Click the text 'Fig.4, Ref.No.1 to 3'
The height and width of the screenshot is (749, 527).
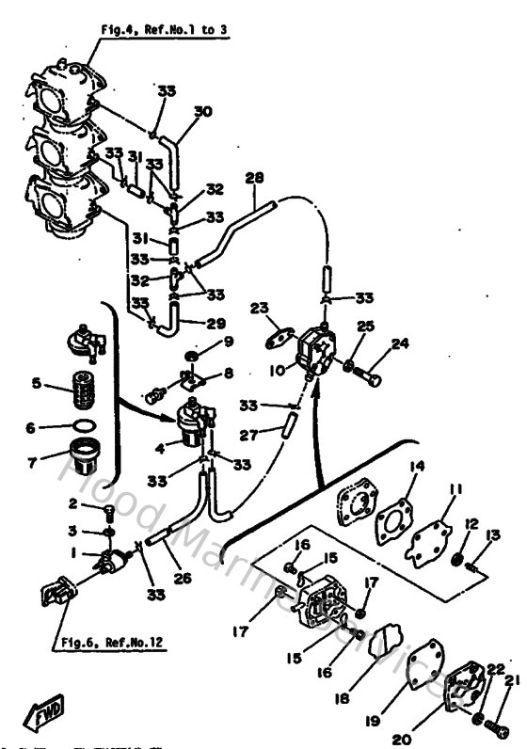pyautogui.click(x=165, y=29)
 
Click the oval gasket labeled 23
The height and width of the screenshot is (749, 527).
pyautogui.click(x=275, y=335)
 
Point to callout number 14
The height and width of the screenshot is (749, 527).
pyautogui.click(x=417, y=465)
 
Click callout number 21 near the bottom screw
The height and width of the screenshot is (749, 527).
pyautogui.click(x=511, y=681)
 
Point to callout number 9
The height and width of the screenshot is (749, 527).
pyautogui.click(x=227, y=341)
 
